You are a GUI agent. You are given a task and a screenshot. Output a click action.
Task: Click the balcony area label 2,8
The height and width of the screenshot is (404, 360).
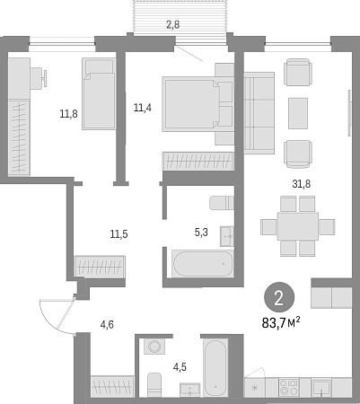(173, 24)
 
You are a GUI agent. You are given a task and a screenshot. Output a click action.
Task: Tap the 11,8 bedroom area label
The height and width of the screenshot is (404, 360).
(69, 114)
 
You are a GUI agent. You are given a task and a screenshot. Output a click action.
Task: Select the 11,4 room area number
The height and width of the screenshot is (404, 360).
(143, 107)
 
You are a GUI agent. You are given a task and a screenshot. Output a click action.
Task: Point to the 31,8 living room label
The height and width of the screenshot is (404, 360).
(301, 184)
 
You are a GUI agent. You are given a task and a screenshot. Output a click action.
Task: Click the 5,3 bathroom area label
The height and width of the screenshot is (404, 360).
(201, 233)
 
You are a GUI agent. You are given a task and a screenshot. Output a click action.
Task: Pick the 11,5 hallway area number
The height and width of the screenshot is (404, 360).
(119, 233)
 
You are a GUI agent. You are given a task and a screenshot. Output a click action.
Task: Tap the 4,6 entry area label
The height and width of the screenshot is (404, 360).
(107, 324)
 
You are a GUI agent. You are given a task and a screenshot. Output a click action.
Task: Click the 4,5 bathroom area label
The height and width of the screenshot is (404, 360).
(180, 366)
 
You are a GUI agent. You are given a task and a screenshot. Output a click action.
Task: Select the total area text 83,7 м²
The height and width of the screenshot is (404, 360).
(281, 323)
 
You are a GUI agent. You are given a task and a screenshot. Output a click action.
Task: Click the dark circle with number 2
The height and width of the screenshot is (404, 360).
(279, 298)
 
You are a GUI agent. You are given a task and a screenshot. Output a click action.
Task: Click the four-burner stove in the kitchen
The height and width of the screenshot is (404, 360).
(289, 387)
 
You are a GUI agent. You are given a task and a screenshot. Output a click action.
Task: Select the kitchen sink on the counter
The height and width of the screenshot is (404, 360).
(321, 388)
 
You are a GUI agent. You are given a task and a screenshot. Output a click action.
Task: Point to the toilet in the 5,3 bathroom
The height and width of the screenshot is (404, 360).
(222, 203)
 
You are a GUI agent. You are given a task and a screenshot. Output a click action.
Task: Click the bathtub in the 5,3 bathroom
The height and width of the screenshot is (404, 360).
(203, 264)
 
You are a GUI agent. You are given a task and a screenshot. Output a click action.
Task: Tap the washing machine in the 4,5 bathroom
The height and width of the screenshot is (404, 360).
(154, 347)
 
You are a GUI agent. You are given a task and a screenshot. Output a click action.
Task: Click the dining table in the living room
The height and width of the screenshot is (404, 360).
(298, 226)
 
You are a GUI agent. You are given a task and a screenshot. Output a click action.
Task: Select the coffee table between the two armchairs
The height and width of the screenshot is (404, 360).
(298, 113)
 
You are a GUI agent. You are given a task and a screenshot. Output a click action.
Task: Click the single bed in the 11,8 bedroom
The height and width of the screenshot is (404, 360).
(99, 93)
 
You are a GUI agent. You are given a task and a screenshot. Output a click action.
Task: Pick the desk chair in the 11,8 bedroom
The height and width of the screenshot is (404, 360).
(39, 78)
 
